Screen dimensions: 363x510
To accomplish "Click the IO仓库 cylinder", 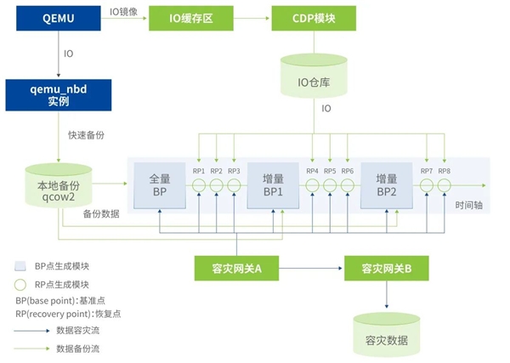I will [313, 79].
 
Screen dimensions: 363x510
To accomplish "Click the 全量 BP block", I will [160, 185].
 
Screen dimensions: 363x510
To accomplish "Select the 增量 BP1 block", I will [273, 185].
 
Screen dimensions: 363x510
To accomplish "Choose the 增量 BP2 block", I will [387, 185].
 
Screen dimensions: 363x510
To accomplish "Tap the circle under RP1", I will [199, 187].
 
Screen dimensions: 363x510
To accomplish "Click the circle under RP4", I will [312, 187].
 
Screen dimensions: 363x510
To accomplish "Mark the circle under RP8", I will [444, 187].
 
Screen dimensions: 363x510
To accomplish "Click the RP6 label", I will [347, 172].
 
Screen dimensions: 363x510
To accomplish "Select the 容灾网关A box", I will [233, 269].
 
